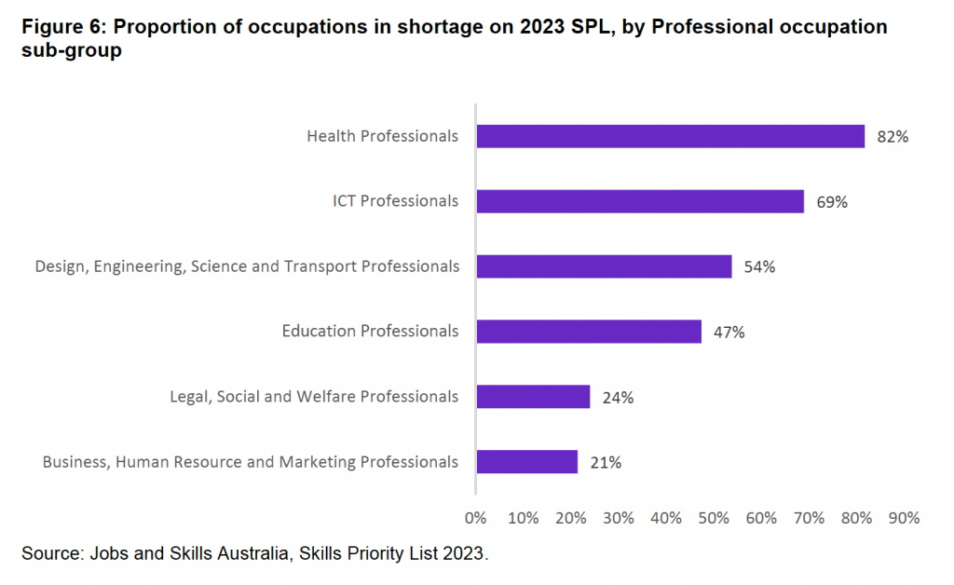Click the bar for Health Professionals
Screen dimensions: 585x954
[671, 136]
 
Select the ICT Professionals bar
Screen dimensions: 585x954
[640, 201]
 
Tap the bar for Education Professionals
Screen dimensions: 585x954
[589, 332]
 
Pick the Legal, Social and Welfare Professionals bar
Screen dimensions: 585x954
[533, 397]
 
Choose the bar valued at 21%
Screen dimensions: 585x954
[527, 462]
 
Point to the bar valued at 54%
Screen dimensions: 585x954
[604, 266]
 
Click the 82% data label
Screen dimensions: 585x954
[893, 137]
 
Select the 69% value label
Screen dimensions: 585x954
[831, 202]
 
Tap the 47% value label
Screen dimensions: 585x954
[729, 333]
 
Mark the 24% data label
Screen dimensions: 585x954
[618, 398]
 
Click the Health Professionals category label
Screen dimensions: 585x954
[383, 136]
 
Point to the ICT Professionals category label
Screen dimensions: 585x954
[396, 201]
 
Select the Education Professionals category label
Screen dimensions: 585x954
[371, 332]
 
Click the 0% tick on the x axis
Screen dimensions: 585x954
[475, 518]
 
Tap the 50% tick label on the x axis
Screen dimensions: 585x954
[714, 518]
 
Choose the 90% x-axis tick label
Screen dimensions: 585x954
[904, 518]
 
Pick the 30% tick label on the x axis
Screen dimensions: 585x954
[619, 518]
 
